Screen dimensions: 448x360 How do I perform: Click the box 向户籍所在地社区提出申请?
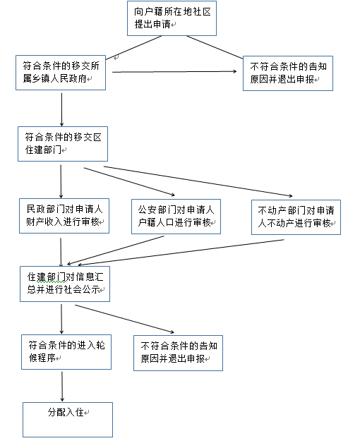pyautogui.click(x=172, y=18)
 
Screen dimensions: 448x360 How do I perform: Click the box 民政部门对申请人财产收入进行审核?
pyautogui.click(x=64, y=217)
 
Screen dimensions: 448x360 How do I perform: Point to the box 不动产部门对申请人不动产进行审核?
pyautogui.click(x=296, y=217)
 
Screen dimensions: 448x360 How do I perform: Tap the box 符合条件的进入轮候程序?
pyautogui.click(x=66, y=351)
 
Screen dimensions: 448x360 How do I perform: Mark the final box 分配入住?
pyautogui.click(x=68, y=419)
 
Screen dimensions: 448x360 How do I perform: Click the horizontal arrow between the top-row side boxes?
pyautogui.click(x=174, y=71)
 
